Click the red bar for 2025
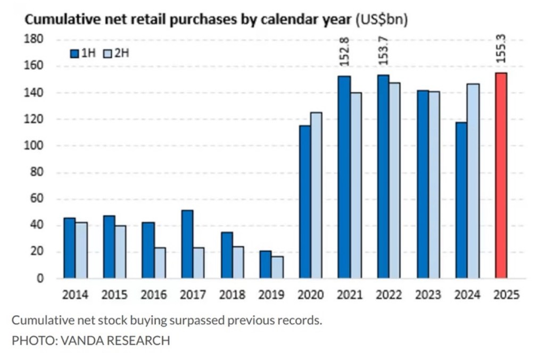[501, 175]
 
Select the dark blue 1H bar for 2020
[305, 202]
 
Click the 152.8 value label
[344, 51]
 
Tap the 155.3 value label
[501, 48]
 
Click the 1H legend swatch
[74, 53]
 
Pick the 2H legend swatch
[105, 53]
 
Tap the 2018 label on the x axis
[233, 295]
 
